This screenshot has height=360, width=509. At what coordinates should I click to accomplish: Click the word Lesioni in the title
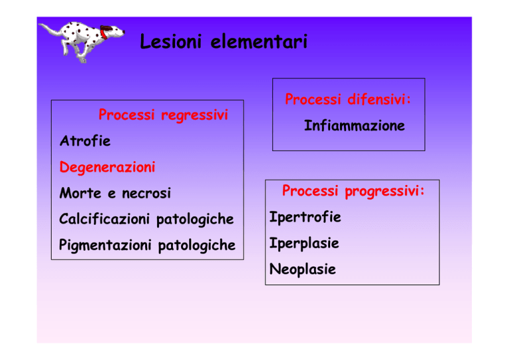click(x=171, y=42)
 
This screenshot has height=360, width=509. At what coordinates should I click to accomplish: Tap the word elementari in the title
click(x=259, y=42)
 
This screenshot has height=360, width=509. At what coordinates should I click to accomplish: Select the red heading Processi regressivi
click(x=163, y=115)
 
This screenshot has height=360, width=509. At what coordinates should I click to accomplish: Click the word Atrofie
click(x=85, y=141)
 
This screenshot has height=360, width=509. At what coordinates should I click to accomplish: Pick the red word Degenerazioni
click(x=107, y=168)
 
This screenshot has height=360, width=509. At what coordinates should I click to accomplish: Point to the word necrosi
click(x=146, y=194)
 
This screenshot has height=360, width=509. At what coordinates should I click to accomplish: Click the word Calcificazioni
click(x=104, y=219)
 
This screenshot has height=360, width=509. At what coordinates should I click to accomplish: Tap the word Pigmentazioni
click(x=105, y=245)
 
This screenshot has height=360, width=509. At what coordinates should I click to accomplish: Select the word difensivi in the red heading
click(x=379, y=99)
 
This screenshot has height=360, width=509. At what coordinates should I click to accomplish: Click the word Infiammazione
click(x=355, y=125)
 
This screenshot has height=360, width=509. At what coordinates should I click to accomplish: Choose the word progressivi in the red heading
click(x=384, y=191)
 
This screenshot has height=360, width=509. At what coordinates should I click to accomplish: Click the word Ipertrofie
click(x=305, y=217)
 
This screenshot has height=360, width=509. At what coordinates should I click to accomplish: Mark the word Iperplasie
click(x=304, y=243)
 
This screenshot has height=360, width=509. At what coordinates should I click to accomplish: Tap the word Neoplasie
click(x=302, y=269)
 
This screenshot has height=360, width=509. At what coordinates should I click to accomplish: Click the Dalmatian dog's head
click(x=113, y=31)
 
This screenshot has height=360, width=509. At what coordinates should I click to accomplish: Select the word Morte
click(x=80, y=193)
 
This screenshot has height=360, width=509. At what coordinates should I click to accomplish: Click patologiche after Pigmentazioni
click(x=197, y=245)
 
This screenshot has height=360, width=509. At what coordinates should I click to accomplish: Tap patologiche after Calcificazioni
click(x=195, y=219)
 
